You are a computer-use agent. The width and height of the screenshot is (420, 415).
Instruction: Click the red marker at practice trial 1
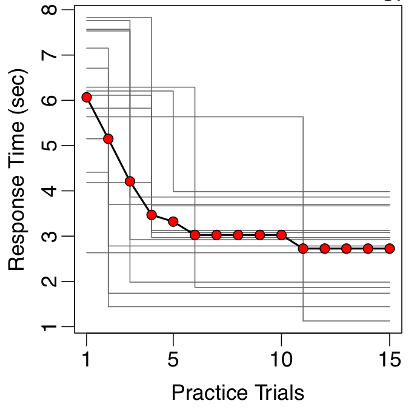(x=87, y=97)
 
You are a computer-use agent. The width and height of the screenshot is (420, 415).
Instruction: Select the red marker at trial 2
(x=108, y=139)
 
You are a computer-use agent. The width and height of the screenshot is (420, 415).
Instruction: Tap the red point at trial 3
(x=130, y=181)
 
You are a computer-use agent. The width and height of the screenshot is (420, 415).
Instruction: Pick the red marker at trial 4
(x=152, y=215)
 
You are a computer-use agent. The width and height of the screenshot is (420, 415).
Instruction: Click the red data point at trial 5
(x=173, y=221)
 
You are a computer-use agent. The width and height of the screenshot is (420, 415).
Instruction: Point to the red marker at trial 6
(x=195, y=235)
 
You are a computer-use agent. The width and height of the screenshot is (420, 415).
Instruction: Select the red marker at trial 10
(x=281, y=235)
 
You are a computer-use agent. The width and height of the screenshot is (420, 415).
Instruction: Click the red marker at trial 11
(x=303, y=248)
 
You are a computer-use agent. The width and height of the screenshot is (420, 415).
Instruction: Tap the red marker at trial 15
(x=390, y=248)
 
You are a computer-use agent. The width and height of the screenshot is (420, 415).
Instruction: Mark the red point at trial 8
(x=238, y=235)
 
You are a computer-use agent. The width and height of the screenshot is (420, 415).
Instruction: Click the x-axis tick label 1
(x=87, y=359)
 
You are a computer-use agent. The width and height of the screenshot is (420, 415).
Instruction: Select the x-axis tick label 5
(x=173, y=359)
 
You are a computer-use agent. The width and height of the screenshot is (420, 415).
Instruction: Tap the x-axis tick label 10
(x=281, y=359)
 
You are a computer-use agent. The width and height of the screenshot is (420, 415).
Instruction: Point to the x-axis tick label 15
(x=389, y=359)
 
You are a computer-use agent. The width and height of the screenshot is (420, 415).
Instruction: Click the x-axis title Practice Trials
(x=238, y=393)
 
